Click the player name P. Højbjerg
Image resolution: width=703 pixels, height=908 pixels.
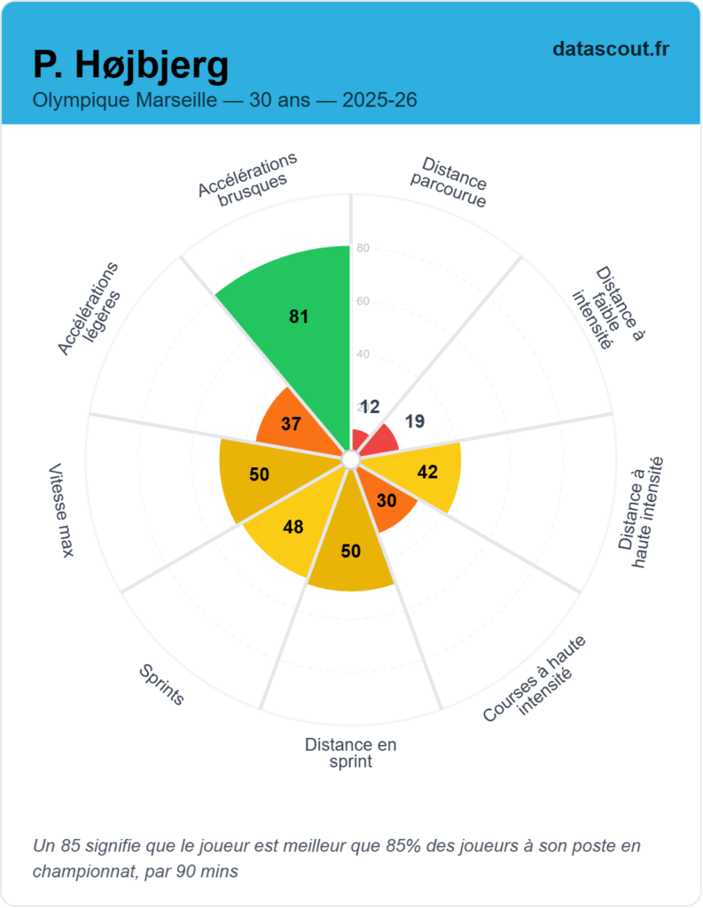[x=130, y=64]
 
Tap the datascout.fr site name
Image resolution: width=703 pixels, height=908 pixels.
[x=610, y=49]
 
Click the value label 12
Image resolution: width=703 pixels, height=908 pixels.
[x=370, y=407]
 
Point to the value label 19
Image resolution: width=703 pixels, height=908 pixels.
[x=415, y=422]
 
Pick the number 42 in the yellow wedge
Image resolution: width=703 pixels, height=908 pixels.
[x=427, y=472]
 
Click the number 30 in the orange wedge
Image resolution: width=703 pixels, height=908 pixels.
[x=387, y=500]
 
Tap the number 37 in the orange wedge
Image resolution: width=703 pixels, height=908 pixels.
[x=291, y=424]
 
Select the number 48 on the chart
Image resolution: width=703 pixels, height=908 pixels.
[x=293, y=528]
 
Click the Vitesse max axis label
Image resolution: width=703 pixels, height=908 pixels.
[x=61, y=511]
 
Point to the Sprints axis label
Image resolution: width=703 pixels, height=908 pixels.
[x=161, y=685]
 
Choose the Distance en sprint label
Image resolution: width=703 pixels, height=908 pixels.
[x=350, y=753]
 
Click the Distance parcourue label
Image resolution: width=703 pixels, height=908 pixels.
[x=449, y=183]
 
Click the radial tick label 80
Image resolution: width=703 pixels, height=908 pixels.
[x=363, y=248]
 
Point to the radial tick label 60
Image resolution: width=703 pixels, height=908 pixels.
[x=363, y=301]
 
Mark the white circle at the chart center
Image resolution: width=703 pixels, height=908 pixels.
[x=350, y=459]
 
